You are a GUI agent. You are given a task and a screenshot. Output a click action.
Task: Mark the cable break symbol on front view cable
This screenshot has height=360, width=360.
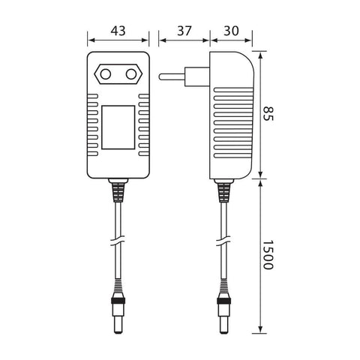pos(118,242)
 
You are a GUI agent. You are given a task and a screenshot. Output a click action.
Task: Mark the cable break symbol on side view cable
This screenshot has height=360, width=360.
pos(223,242)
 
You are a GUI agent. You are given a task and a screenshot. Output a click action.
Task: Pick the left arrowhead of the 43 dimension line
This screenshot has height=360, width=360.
pos(91,41)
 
